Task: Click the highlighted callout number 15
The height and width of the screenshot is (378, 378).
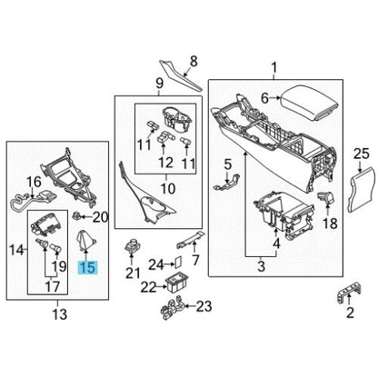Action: pyautogui.click(x=88, y=267)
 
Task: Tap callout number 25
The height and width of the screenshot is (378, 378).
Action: pyautogui.click(x=362, y=154)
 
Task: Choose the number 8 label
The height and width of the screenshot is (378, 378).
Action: pyautogui.click(x=194, y=62)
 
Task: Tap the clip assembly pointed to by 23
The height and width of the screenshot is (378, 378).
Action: pyautogui.click(x=172, y=309)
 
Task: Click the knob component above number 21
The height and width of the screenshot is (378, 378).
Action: pyautogui.click(x=132, y=245)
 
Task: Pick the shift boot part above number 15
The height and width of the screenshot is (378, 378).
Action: pyautogui.click(x=85, y=241)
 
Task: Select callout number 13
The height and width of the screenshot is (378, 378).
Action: pyautogui.click(x=60, y=314)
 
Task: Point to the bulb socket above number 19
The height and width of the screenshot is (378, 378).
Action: pyautogui.click(x=56, y=249)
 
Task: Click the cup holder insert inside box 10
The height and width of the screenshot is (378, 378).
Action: pyautogui.click(x=177, y=120)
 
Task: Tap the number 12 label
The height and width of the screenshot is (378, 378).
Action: pyautogui.click(x=165, y=163)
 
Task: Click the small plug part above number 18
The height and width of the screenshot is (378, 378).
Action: pyautogui.click(x=325, y=197)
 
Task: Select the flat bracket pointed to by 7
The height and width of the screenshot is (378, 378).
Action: pyautogui.click(x=190, y=240)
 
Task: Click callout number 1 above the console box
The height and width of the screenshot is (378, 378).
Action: pyautogui.click(x=274, y=67)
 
